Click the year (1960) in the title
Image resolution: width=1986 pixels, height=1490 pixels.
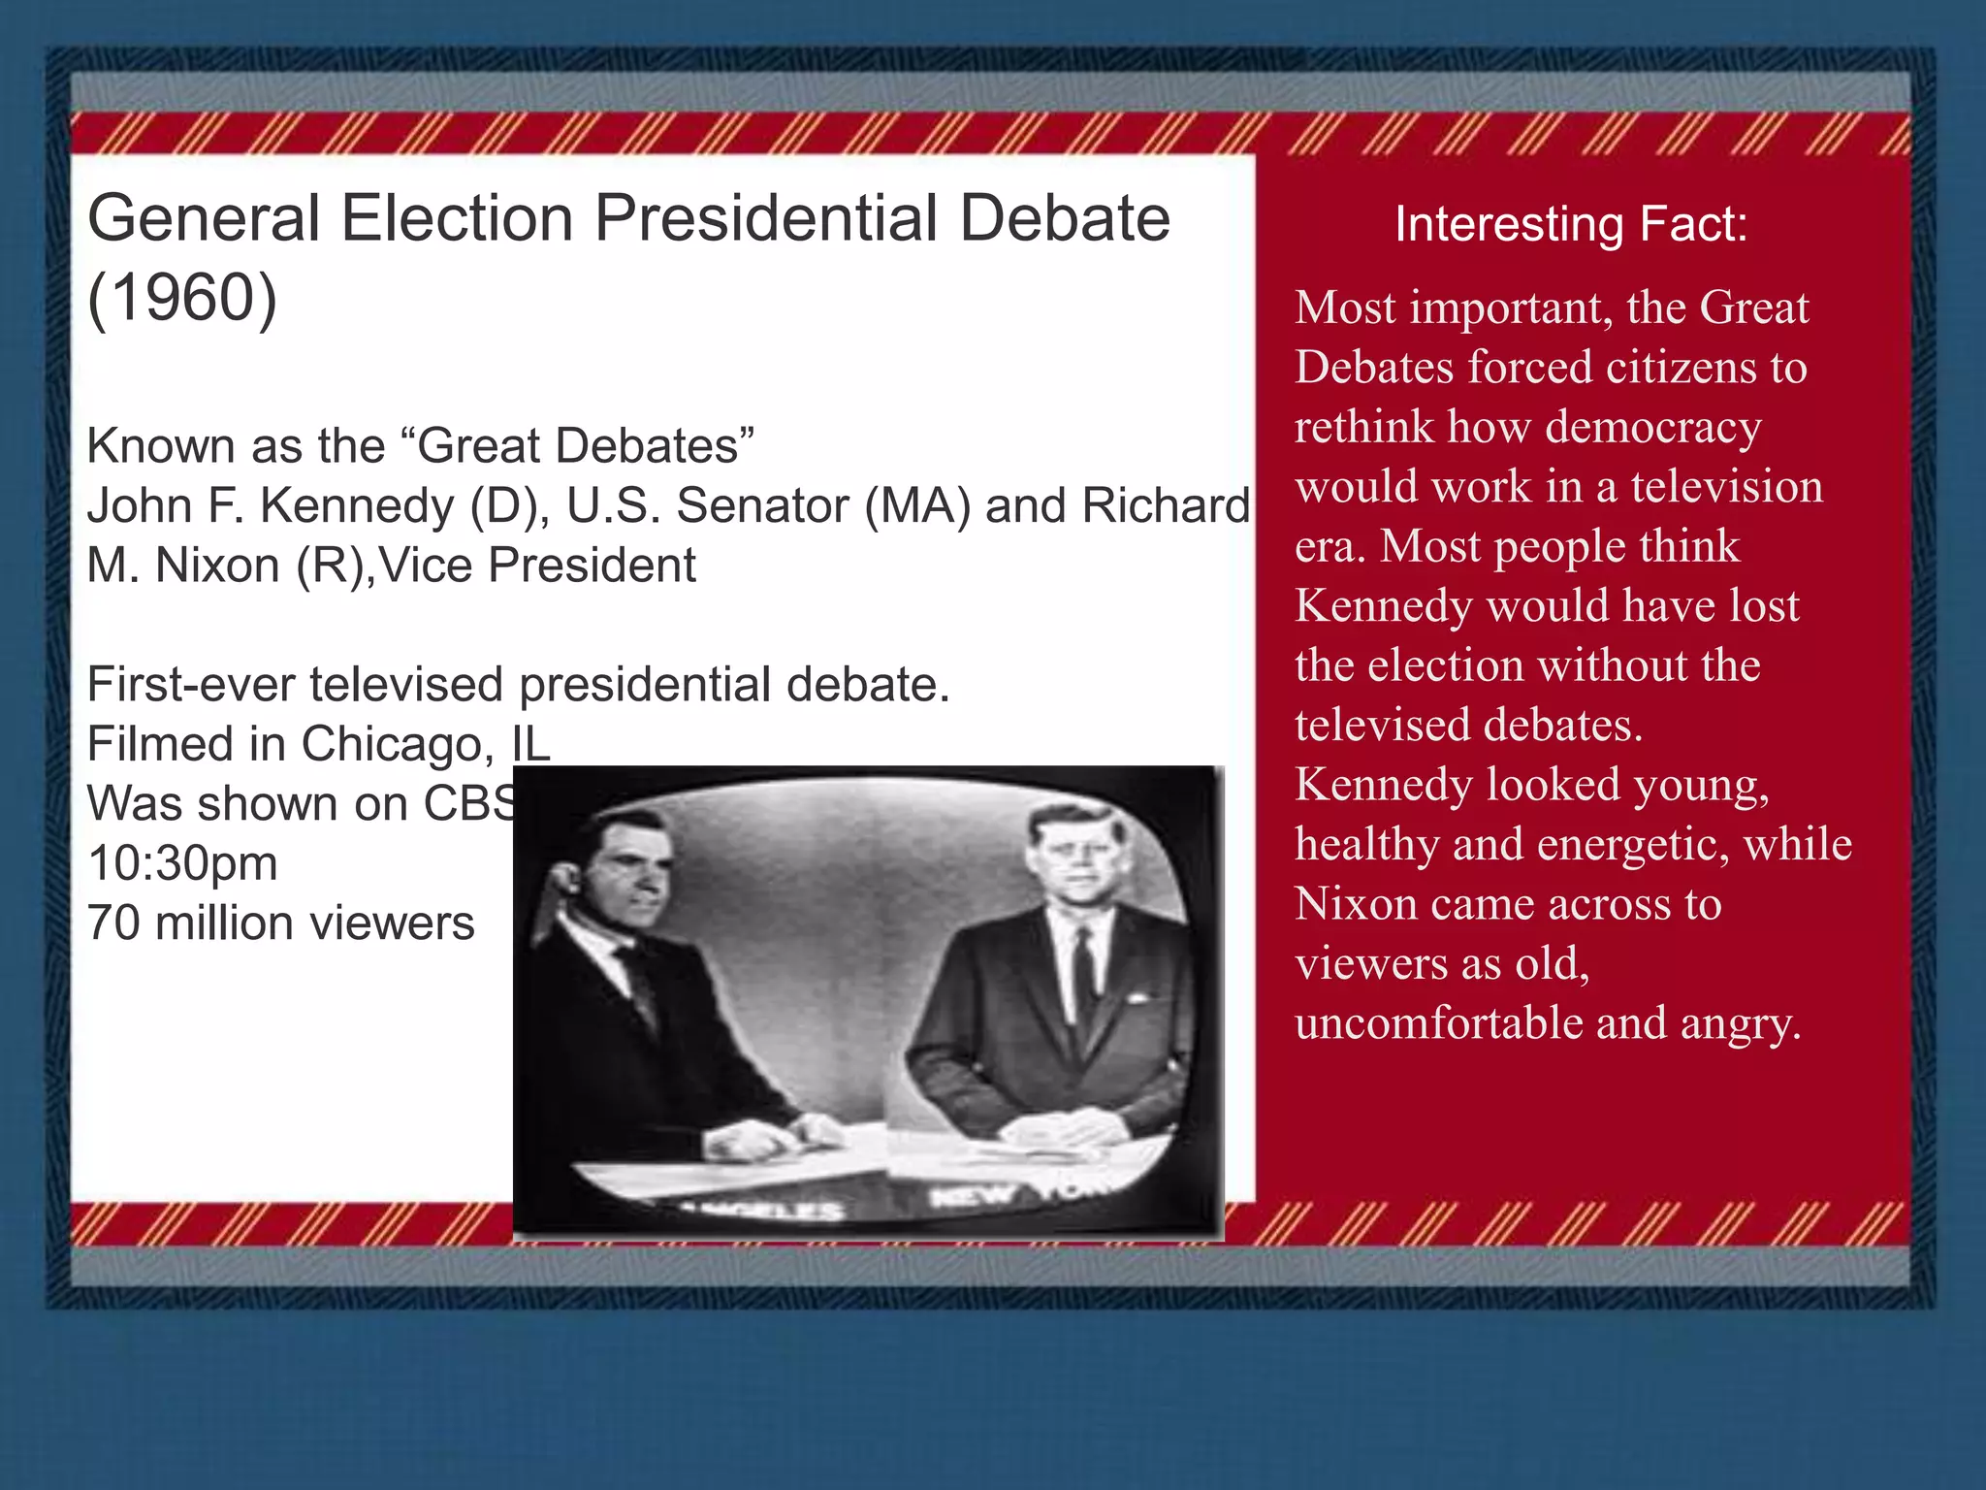point(182,299)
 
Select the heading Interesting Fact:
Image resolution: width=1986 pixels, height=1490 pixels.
point(1571,224)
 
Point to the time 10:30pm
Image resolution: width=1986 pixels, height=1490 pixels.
point(182,863)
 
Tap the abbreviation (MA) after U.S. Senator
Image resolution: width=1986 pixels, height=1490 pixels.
point(916,505)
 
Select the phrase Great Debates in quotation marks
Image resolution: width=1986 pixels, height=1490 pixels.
point(579,446)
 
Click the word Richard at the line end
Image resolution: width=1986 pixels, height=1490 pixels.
point(1166,505)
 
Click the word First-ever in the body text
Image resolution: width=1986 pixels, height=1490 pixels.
point(191,685)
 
